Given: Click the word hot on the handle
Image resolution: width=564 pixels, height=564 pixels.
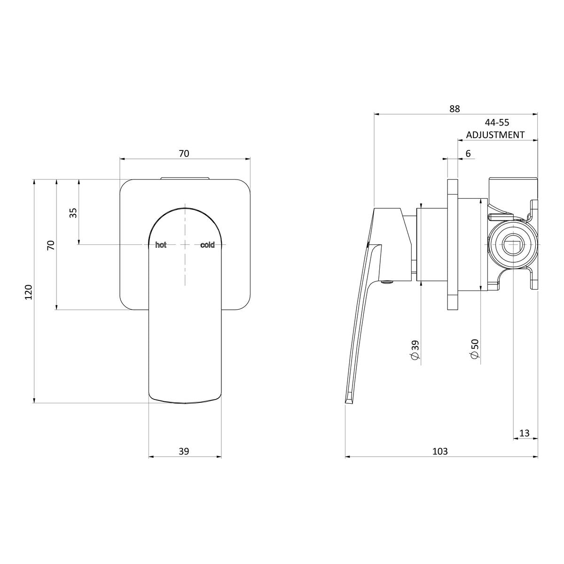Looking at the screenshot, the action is [160, 245].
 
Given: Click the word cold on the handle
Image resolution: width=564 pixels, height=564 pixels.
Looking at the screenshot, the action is [207, 245].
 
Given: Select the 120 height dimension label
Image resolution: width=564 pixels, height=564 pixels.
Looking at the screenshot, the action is [29, 291].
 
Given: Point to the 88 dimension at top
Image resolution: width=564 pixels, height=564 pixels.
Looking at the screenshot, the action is [454, 109].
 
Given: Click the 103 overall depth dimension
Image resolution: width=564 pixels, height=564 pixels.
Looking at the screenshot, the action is [440, 451].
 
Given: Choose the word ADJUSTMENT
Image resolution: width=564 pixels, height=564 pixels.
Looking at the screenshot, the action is [495, 134].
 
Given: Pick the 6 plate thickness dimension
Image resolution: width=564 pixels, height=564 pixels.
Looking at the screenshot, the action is [468, 153].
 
